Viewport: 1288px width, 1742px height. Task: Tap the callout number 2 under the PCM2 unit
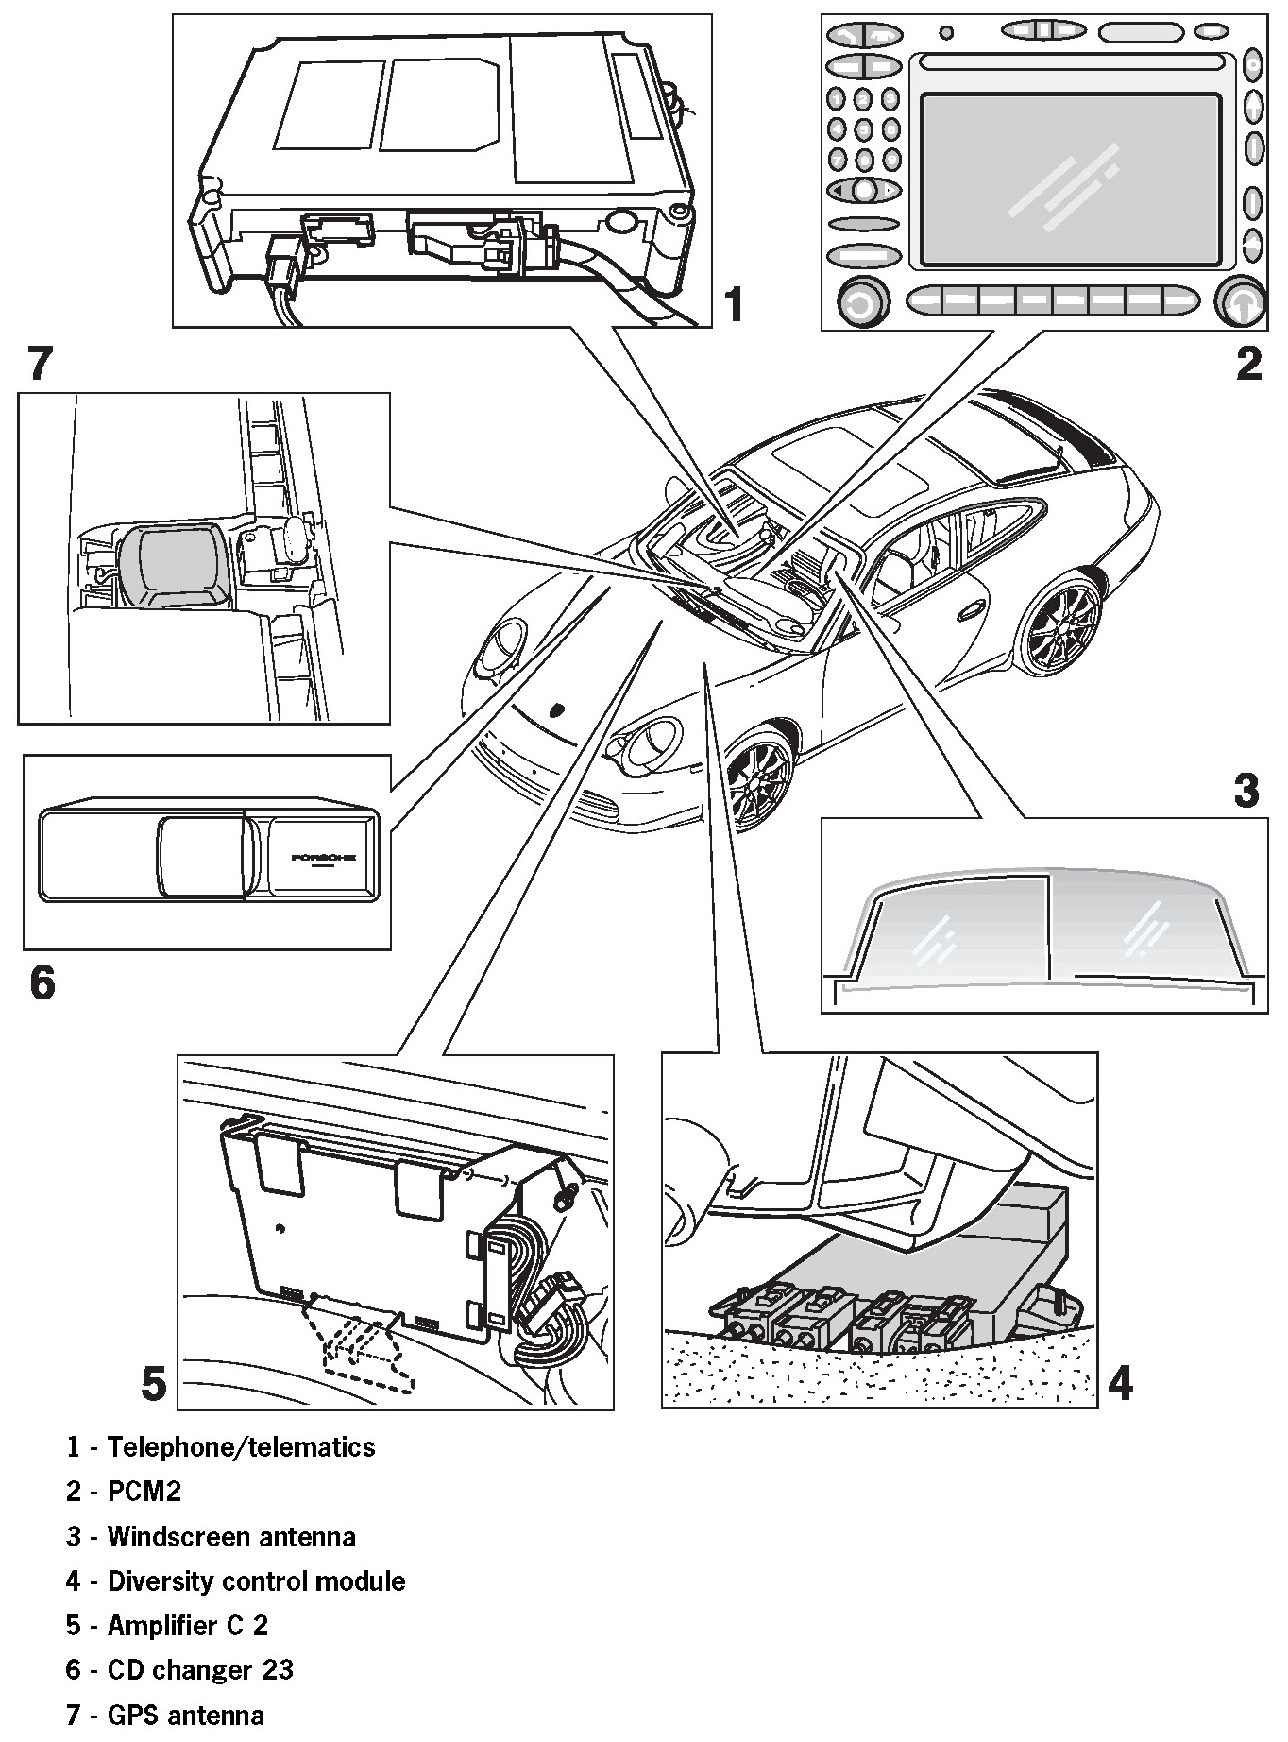[1247, 363]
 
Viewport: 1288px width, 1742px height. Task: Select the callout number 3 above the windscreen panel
[1246, 790]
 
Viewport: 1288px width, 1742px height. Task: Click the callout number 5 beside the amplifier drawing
[153, 1384]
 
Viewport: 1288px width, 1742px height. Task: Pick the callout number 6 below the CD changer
[42, 982]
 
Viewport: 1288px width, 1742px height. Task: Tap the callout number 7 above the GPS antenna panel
[40, 364]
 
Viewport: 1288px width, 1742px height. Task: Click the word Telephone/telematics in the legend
[241, 1447]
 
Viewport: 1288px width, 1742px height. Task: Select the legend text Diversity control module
[256, 1580]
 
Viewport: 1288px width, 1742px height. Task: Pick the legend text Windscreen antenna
[231, 1536]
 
